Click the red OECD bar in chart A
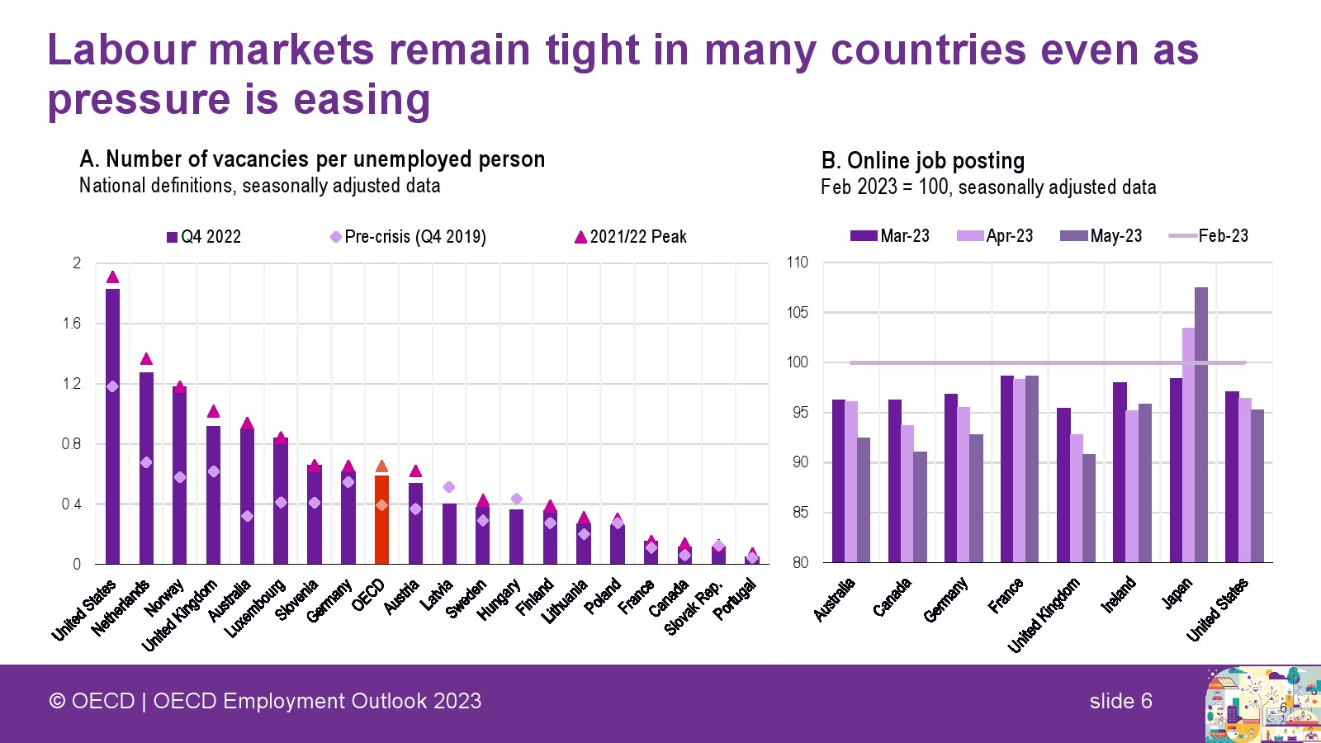click(381, 520)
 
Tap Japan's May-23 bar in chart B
click(1201, 424)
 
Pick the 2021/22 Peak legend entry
click(631, 237)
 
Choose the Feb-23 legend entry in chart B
click(1209, 236)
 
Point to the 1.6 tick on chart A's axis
click(72, 324)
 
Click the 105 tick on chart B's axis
click(798, 313)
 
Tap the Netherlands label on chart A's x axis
click(121, 608)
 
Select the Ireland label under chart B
click(1119, 594)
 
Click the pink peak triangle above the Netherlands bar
click(146, 359)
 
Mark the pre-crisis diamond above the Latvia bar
click(449, 487)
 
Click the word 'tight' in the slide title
click(592, 50)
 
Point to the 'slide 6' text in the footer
click(1120, 701)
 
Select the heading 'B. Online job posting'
click(922, 160)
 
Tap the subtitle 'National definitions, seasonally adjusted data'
click(259, 186)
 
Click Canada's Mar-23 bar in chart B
click(895, 480)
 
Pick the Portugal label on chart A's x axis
click(735, 599)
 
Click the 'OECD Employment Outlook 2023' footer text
click(317, 701)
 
